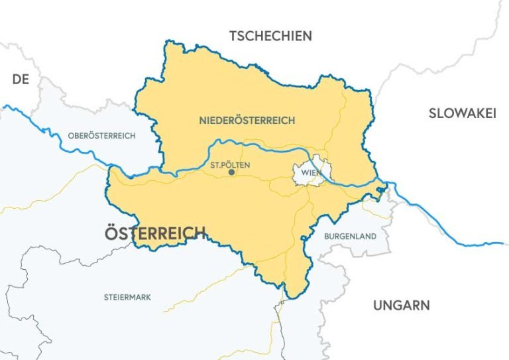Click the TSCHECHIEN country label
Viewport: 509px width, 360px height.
click(270, 36)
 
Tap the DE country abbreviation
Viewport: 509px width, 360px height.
click(21, 80)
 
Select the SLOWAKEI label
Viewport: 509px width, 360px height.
click(462, 113)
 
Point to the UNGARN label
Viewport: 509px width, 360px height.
click(401, 306)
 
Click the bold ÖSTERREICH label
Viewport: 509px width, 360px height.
click(155, 233)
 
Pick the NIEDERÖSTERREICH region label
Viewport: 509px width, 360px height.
click(247, 121)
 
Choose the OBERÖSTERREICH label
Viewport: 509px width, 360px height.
click(101, 136)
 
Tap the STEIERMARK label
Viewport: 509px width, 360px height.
click(127, 297)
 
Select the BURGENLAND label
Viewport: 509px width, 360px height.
click(350, 236)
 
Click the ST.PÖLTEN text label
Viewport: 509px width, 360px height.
click(229, 162)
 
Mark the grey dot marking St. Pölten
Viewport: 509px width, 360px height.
click(231, 172)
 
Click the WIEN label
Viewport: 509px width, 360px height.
click(310, 173)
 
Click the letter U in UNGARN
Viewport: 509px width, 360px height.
click(378, 306)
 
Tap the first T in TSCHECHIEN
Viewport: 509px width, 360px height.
click(233, 36)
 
